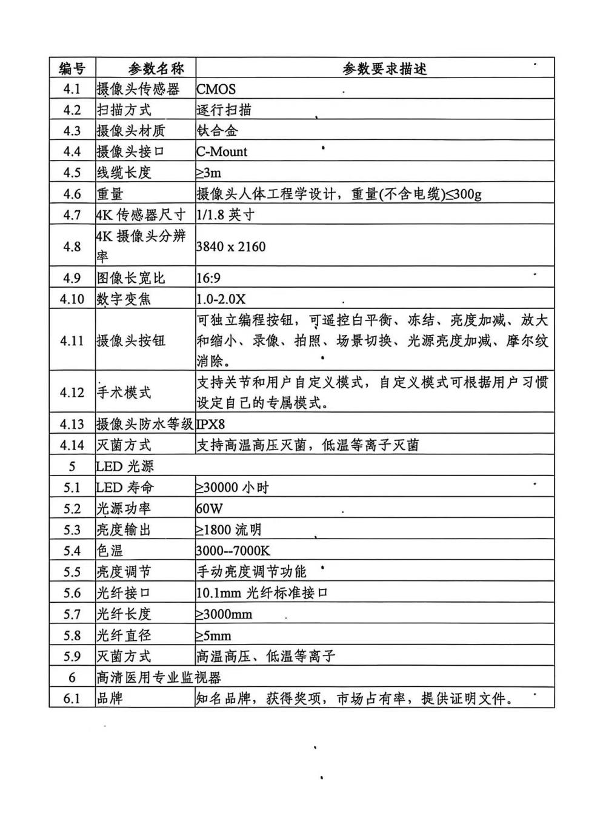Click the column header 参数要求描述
(x=385, y=68)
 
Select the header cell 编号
(x=72, y=68)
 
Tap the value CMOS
(x=216, y=89)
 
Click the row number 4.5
(x=72, y=173)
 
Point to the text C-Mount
(x=222, y=151)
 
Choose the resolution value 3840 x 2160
(x=231, y=247)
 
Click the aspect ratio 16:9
(x=208, y=278)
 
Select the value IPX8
(x=210, y=424)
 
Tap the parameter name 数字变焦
(x=124, y=299)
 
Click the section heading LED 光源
(x=125, y=466)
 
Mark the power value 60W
(x=209, y=509)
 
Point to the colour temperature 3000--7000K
(x=233, y=551)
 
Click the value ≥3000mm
(x=224, y=614)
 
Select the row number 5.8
(x=72, y=635)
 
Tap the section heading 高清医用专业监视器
(x=159, y=677)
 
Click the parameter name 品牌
(x=110, y=698)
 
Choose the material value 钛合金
(x=217, y=131)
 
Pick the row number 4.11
(x=72, y=340)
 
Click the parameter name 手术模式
(x=124, y=393)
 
